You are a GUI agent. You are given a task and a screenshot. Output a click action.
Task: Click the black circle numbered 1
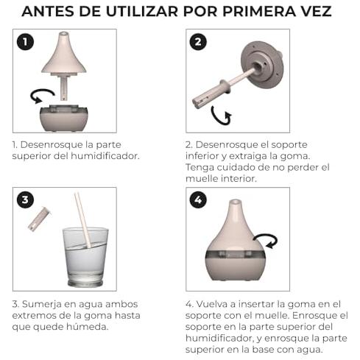click(x=25, y=42)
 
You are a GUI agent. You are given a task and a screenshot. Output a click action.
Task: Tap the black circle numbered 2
click(x=198, y=42)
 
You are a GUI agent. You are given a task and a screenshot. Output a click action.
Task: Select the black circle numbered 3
click(x=25, y=200)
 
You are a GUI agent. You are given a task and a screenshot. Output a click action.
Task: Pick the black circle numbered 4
click(x=198, y=200)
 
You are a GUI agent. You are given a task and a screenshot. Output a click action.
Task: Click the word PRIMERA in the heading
click(x=259, y=11)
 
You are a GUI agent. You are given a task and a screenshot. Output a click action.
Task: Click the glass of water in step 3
click(x=85, y=257)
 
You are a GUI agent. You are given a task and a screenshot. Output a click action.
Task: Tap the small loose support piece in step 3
click(x=39, y=219)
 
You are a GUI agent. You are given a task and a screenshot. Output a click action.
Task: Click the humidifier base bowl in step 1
click(x=64, y=119)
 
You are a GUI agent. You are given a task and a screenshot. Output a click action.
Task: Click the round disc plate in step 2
click(x=262, y=65)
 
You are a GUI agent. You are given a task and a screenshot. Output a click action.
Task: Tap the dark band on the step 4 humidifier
click(x=235, y=255)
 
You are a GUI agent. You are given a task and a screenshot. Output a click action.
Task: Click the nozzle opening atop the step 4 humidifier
click(x=235, y=202)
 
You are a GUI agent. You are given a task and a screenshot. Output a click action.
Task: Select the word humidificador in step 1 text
click(x=105, y=156)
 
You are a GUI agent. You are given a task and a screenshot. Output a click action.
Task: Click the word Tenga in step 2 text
click(x=200, y=168)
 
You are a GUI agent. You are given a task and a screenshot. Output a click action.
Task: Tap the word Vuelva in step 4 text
click(x=212, y=304)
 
